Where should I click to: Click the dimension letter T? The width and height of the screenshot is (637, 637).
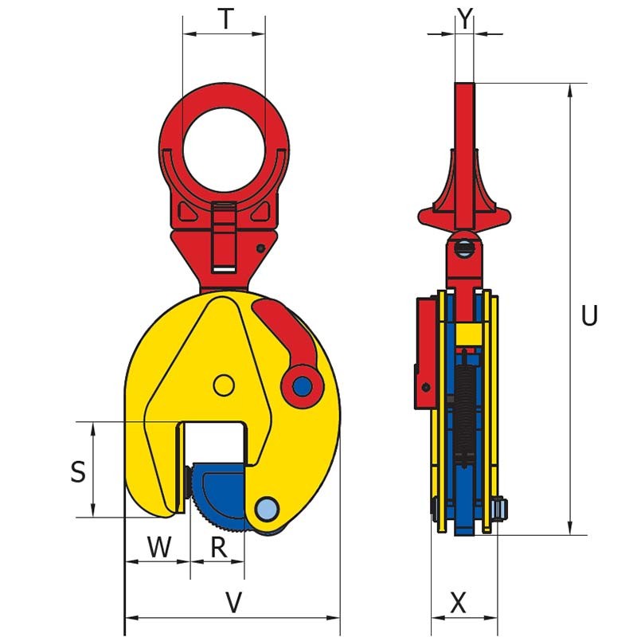pyautogui.click(x=227, y=19)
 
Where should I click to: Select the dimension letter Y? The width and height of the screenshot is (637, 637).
pyautogui.click(x=465, y=19)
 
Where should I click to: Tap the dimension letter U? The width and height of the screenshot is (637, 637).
pyautogui.click(x=589, y=316)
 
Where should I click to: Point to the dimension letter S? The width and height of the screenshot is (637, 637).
pyautogui.click(x=77, y=472)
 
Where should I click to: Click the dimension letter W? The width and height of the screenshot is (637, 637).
pyautogui.click(x=159, y=547)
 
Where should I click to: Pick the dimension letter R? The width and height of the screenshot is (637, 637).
pyautogui.click(x=219, y=547)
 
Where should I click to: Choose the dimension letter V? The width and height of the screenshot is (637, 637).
pyautogui.click(x=233, y=604)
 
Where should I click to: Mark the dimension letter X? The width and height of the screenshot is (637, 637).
pyautogui.click(x=459, y=604)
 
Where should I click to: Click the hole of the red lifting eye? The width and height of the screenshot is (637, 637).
pyautogui.click(x=224, y=147)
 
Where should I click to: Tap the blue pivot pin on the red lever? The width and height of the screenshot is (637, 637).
pyautogui.click(x=302, y=387)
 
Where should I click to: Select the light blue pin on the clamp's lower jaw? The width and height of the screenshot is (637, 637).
pyautogui.click(x=268, y=508)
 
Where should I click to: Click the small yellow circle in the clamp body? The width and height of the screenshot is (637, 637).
pyautogui.click(x=224, y=385)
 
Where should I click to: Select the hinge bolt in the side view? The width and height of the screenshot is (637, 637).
pyautogui.click(x=464, y=248)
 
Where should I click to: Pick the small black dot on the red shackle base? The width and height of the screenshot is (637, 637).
pyautogui.click(x=261, y=248)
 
